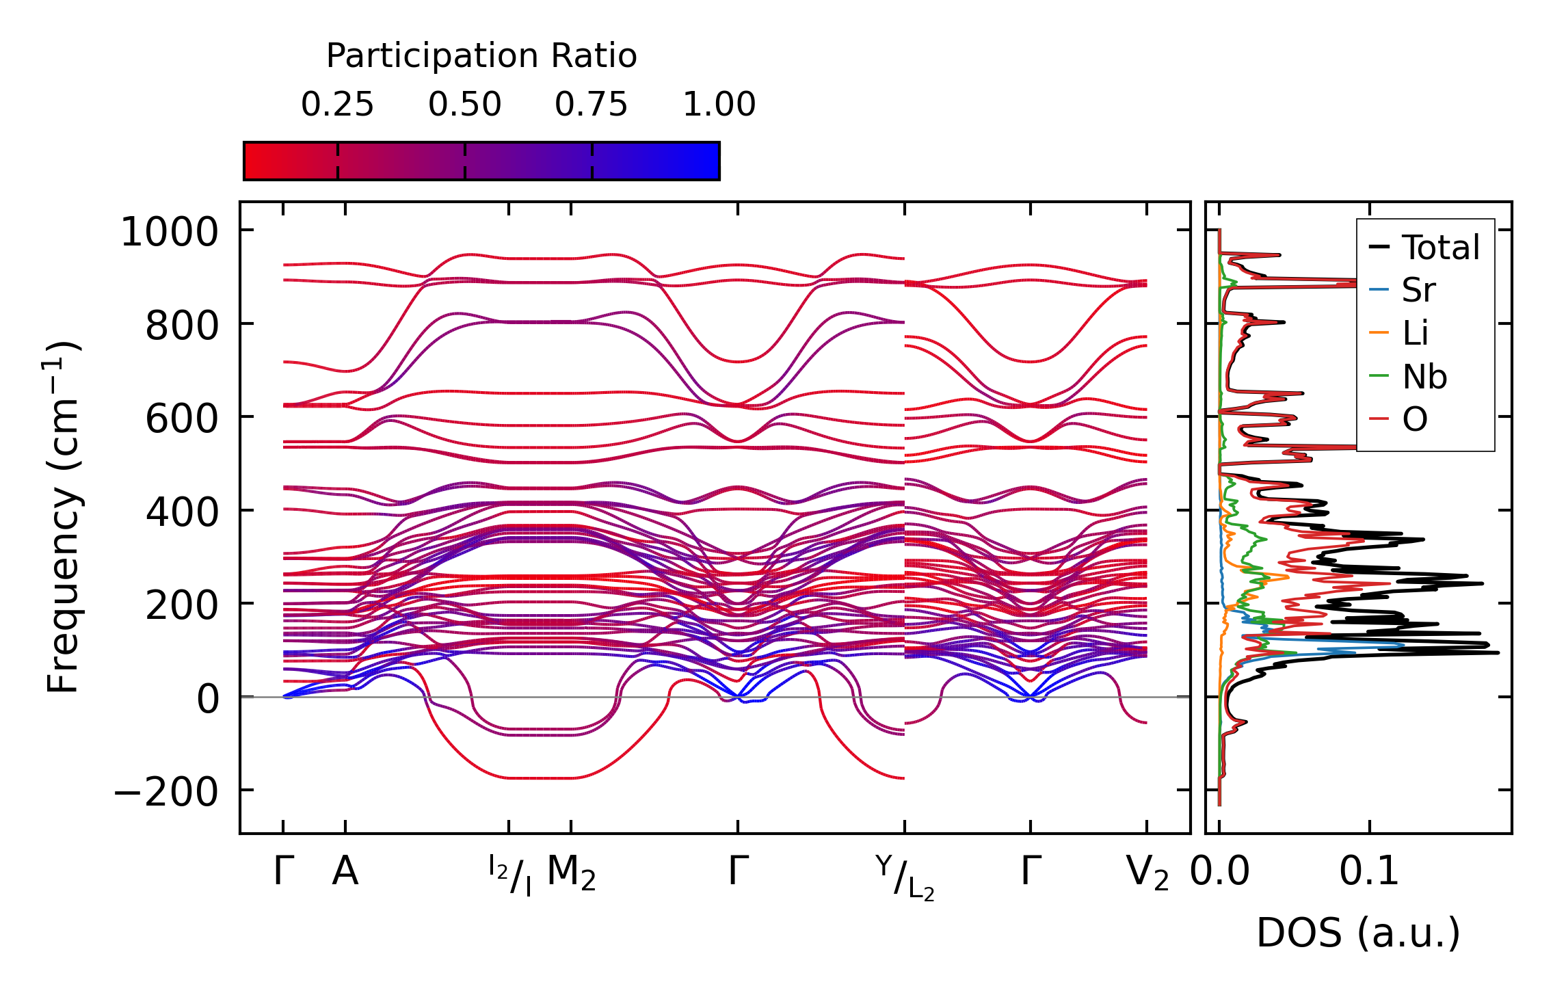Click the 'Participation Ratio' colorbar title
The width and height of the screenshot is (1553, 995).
481,56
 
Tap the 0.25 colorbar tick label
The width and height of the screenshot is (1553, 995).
337,105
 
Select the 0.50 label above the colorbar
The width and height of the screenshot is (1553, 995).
465,105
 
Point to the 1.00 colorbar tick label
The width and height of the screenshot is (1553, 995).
719,105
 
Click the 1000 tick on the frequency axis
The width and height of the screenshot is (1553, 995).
169,232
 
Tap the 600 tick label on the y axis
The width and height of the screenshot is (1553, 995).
181,419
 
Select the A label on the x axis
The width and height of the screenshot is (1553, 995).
345,872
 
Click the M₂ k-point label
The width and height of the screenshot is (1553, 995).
571,873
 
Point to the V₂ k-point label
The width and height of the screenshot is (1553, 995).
1147,873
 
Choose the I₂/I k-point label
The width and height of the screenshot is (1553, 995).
510,875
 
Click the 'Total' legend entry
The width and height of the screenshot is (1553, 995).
1440,248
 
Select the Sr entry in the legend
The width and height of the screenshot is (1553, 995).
1418,290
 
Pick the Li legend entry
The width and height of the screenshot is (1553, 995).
1415,333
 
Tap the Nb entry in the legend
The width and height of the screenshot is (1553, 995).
1424,376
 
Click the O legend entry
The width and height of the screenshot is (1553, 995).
1415,419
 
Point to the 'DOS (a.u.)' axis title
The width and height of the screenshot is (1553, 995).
1358,933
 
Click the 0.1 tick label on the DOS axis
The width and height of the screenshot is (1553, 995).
1369,872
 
